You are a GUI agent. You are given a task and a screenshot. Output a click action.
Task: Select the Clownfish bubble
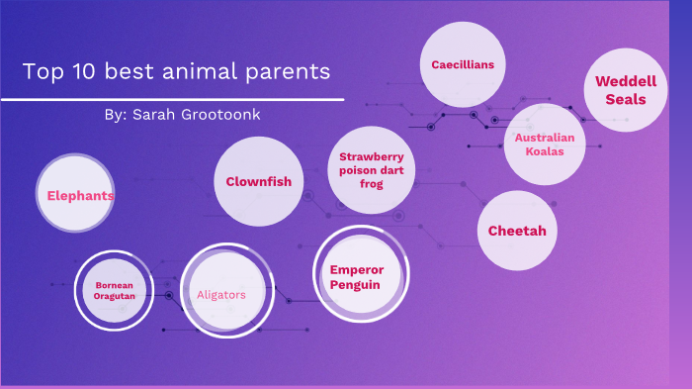coord(258,181)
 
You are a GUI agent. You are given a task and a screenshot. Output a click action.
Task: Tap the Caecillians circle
coord(463,64)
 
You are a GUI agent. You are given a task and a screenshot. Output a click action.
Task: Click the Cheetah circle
coord(517,231)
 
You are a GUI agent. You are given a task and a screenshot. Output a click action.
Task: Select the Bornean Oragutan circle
coord(115,290)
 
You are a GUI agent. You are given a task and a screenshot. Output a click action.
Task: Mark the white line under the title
coord(172,99)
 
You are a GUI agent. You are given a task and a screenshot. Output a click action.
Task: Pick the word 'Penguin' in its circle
coord(355,285)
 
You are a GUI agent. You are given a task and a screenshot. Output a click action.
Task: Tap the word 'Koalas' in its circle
coord(538,152)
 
